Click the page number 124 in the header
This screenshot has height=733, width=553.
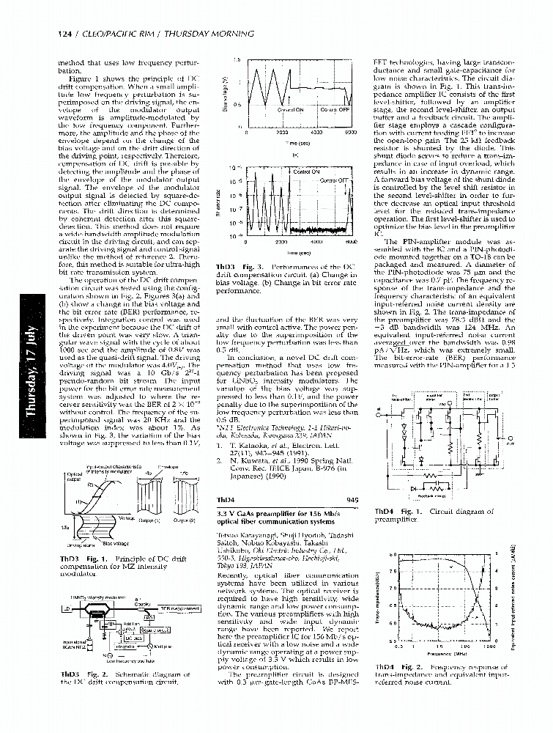click(64, 34)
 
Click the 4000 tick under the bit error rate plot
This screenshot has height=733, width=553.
click(317, 242)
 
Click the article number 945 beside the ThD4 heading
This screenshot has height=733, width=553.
click(352, 499)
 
